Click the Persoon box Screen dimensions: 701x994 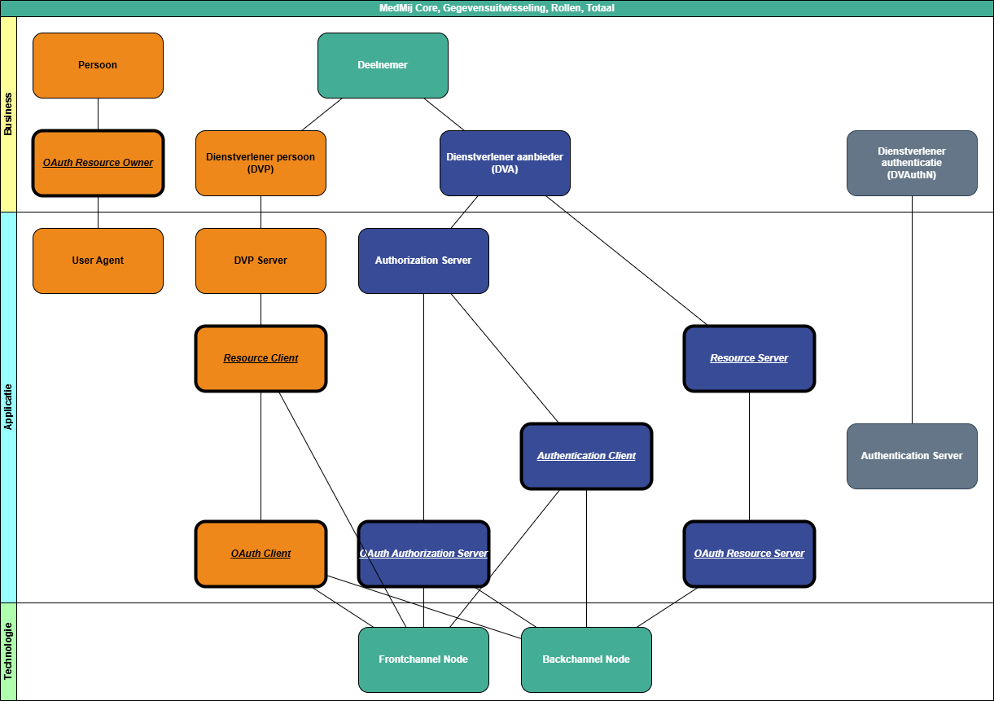98,65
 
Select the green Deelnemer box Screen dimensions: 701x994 383,65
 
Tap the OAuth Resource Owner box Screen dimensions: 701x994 98,163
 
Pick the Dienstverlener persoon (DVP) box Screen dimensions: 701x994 261,163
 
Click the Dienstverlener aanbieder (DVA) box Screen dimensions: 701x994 505,163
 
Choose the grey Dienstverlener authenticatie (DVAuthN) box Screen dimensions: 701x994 912,163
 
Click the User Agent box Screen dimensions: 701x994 98,261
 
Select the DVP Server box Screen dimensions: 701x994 261,261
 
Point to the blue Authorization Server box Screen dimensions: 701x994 423,261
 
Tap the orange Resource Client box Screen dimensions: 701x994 261,358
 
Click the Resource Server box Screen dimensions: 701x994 749,358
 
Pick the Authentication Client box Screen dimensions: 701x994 586,456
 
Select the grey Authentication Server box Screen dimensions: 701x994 912,456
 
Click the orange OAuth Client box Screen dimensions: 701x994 261,554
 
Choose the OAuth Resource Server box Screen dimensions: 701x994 749,554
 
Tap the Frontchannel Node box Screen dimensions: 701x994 423,659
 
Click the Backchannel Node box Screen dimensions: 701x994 586,659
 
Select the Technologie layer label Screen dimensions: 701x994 8,651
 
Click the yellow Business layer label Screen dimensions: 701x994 8,114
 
